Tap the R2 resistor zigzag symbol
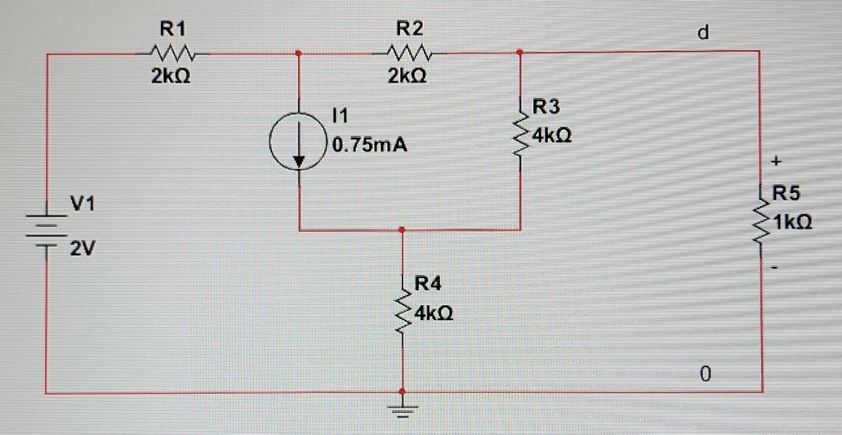coord(409,53)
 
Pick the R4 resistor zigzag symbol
coord(402,313)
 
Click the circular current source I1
coord(299,142)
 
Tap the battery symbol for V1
coord(46,230)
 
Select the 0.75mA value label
coord(370,145)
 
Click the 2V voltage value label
coord(82,249)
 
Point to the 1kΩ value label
coord(793,222)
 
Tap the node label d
coord(704,32)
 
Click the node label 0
coord(705,374)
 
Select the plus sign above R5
coord(776,161)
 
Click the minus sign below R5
coord(774,267)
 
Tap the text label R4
coord(428,284)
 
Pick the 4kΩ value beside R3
coord(552,135)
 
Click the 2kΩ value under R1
coord(170,76)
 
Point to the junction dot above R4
coord(402,229)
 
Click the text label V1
coord(83,203)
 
